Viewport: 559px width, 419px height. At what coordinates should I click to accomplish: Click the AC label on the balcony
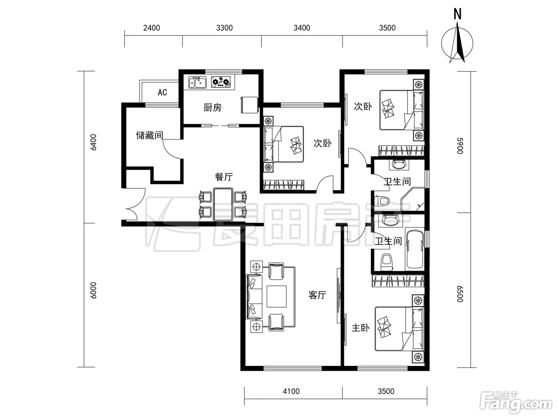162,92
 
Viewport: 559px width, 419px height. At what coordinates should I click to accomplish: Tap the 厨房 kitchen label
212,108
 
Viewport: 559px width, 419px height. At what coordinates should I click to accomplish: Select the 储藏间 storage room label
149,135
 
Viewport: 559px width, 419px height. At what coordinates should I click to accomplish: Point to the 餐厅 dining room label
224,177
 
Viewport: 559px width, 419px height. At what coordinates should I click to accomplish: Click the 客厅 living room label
317,295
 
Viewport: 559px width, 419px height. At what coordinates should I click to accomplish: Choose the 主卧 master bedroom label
361,328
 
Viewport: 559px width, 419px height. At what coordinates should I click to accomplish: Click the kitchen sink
197,82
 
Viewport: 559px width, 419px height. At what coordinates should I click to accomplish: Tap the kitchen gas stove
220,82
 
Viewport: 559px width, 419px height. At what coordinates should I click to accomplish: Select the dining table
223,205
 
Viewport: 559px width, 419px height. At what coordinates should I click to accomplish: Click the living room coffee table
277,296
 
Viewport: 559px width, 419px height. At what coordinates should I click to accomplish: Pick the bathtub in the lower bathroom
415,249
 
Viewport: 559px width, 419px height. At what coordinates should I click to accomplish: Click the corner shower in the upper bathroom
412,200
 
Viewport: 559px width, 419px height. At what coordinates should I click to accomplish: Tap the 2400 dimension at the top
151,28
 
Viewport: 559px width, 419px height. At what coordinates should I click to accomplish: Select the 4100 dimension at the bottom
291,391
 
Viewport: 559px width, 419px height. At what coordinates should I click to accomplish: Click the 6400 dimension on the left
93,142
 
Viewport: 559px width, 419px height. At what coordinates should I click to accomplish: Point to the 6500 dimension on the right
460,294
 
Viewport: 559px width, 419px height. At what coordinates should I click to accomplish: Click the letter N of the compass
458,14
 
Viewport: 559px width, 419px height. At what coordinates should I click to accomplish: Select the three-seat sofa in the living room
254,296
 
